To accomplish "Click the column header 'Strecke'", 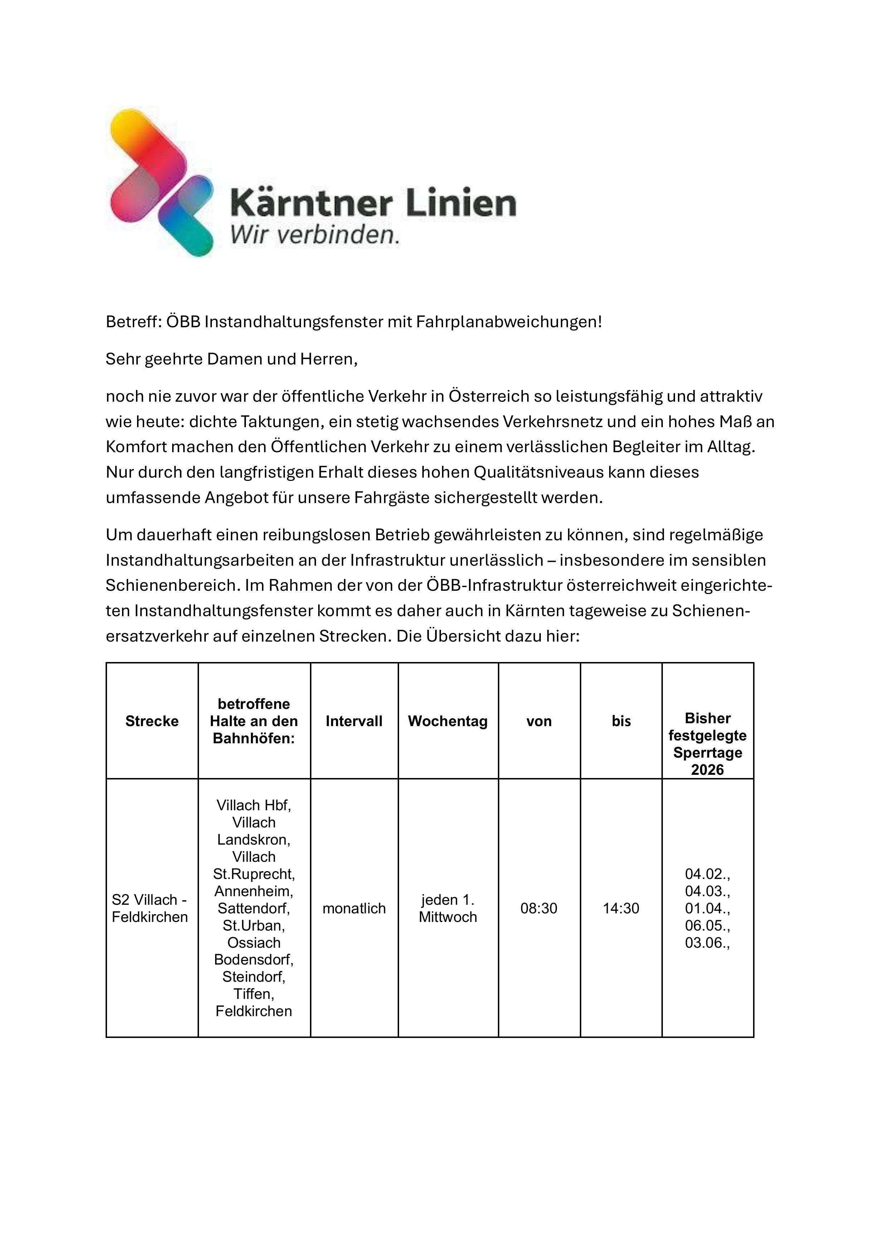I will coord(152,721).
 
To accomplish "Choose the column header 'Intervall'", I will coord(354,721).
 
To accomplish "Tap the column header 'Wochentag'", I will coord(447,721).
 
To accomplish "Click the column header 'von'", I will coord(539,721).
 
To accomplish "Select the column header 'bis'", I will coord(621,721).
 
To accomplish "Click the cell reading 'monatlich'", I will coord(354,909).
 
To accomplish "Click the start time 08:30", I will coord(539,909).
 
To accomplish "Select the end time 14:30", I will coord(621,909).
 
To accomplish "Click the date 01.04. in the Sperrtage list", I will coord(708,909).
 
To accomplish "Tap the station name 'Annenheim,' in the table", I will coord(254,891).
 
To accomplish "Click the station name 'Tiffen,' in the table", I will coord(254,994).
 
